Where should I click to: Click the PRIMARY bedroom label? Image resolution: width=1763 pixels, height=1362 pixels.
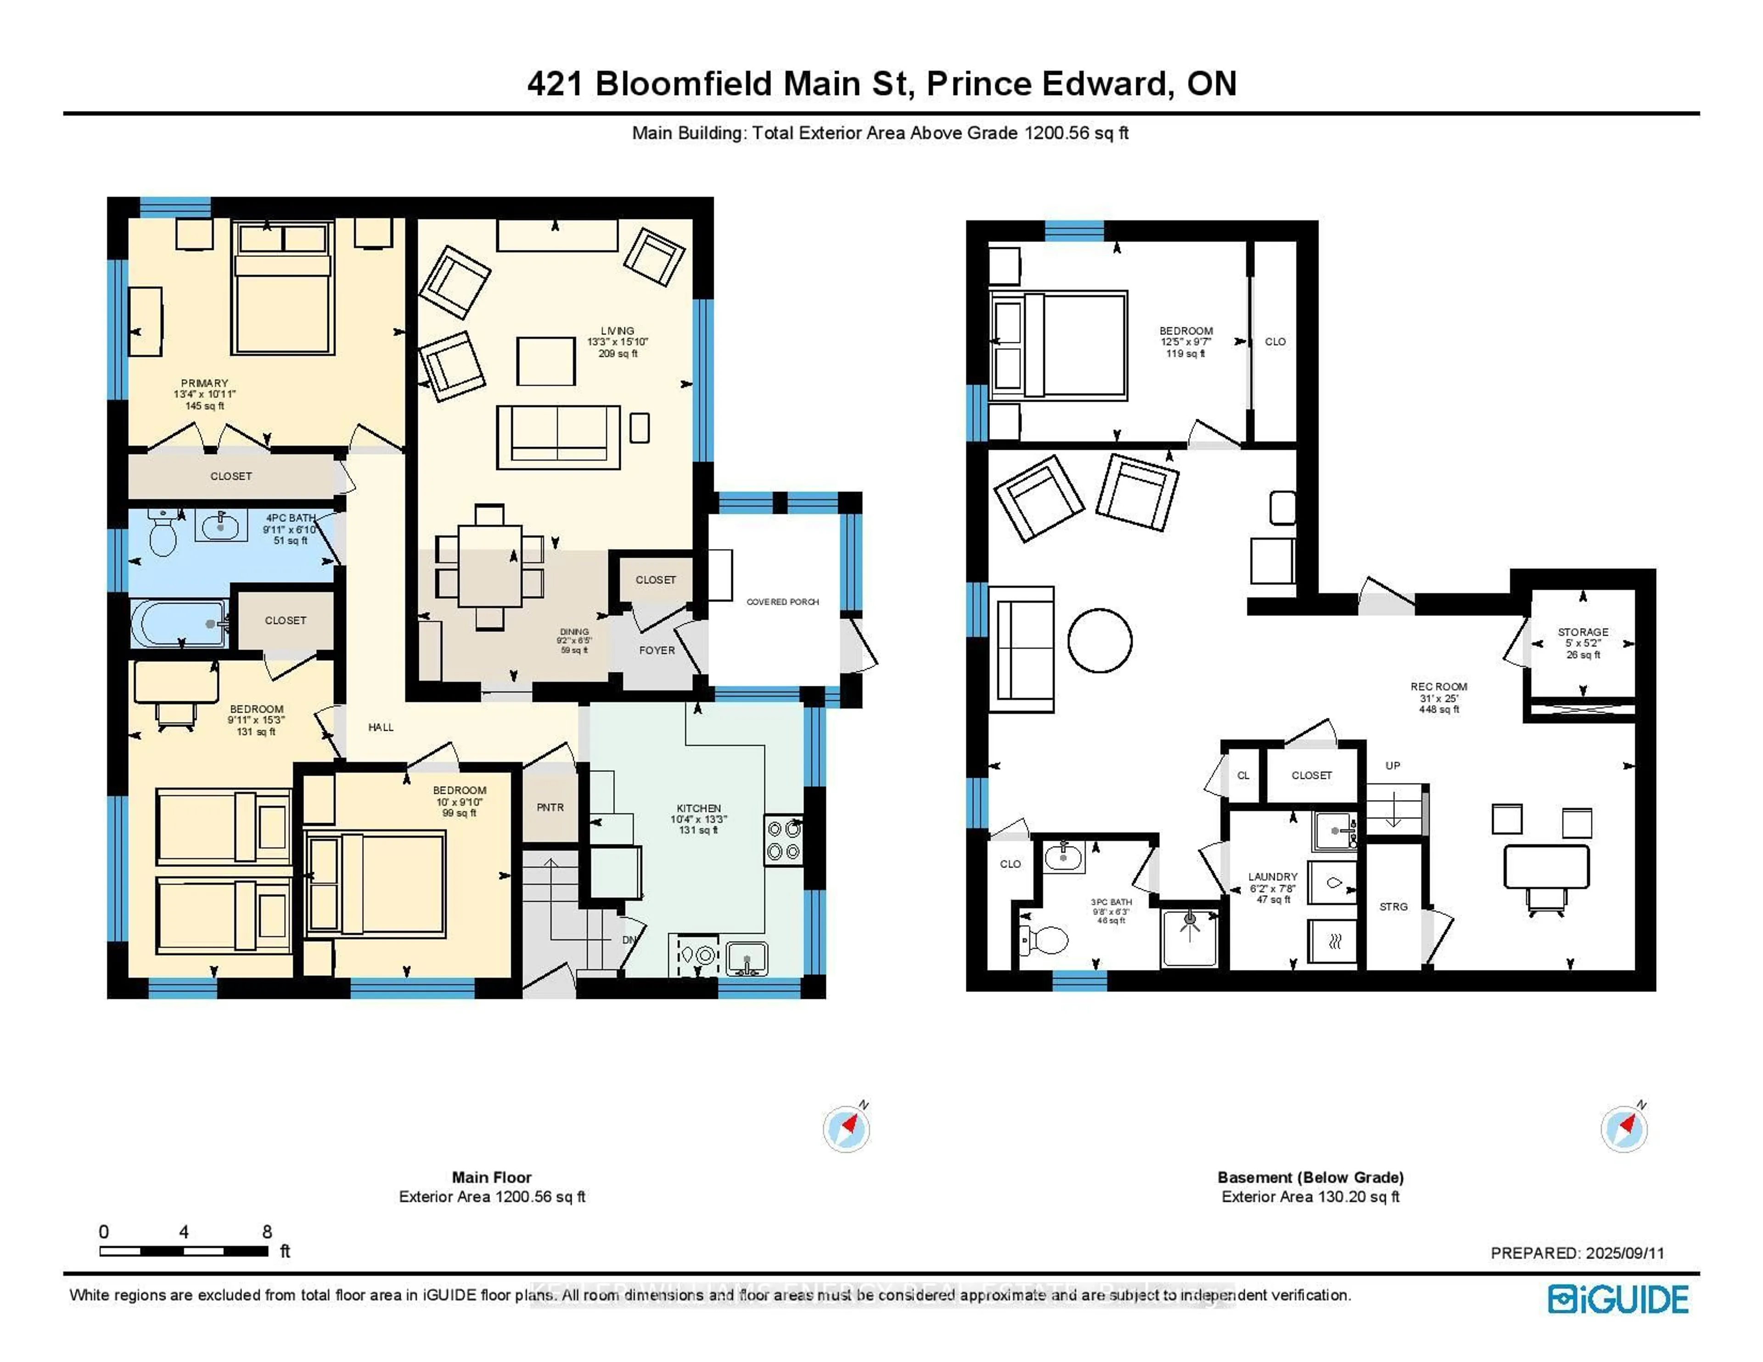(204, 383)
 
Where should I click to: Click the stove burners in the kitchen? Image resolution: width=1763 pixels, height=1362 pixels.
(783, 840)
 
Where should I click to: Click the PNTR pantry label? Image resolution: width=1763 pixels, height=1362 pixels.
(550, 807)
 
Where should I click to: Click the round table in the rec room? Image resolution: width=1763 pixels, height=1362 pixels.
(1100, 640)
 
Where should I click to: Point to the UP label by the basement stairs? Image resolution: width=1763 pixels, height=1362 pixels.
(1392, 765)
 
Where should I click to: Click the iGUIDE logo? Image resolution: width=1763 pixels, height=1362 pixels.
(1618, 1299)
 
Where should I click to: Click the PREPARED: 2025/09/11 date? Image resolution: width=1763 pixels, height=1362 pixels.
(1577, 1253)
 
